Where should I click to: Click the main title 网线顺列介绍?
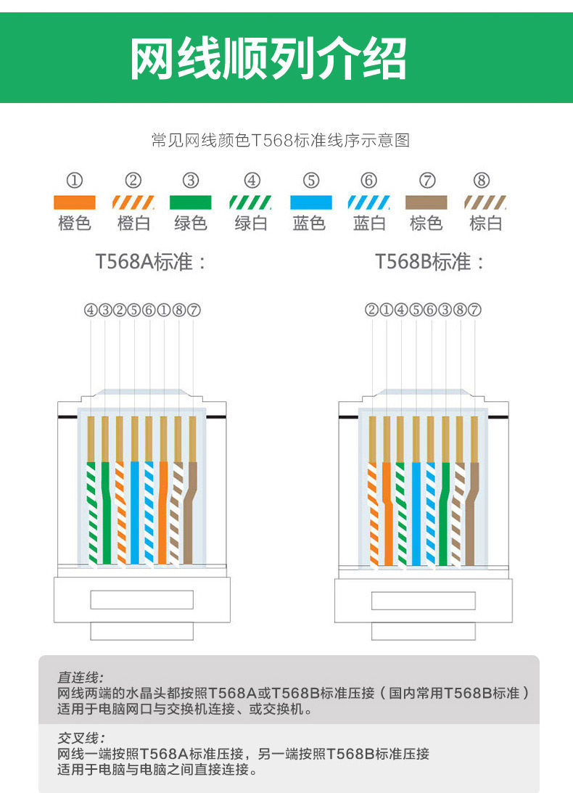tap(268, 57)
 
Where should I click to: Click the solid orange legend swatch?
tap(74, 202)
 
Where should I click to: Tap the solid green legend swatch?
tap(190, 202)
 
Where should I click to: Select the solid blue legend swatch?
tap(310, 202)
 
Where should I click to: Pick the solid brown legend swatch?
tap(426, 202)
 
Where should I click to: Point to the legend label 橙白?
tap(133, 223)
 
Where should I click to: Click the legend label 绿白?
tap(251, 223)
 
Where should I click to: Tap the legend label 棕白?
tap(485, 223)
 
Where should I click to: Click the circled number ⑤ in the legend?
tap(310, 181)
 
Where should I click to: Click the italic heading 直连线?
tap(81, 677)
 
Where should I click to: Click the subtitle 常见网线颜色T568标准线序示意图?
tap(281, 140)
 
